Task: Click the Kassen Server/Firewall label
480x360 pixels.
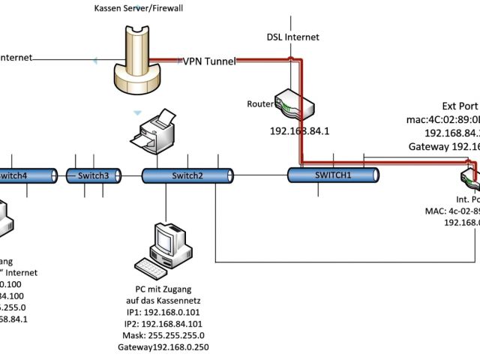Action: tap(140, 7)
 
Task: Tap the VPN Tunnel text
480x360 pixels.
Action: tap(209, 61)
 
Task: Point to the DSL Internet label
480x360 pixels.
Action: tap(292, 37)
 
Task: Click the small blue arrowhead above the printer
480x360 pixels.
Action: tap(136, 112)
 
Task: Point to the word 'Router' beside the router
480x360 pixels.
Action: tap(259, 103)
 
